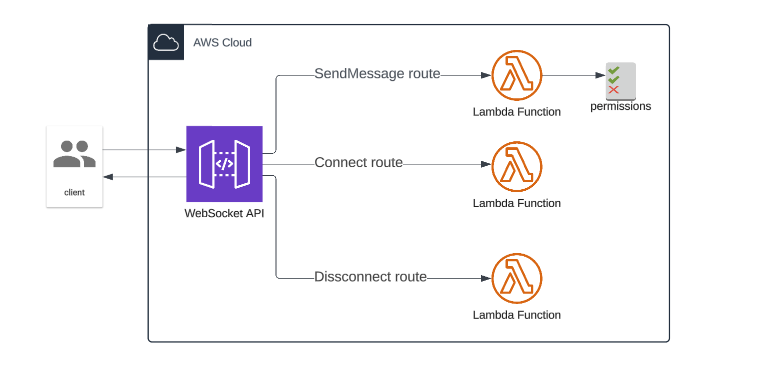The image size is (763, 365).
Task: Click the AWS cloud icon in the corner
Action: (x=166, y=42)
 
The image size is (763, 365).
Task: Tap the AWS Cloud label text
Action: (x=222, y=42)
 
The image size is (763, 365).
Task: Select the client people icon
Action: (x=74, y=154)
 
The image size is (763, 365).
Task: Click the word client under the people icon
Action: (x=74, y=192)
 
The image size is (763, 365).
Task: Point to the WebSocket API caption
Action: (x=224, y=213)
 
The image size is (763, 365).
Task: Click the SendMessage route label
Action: (x=377, y=74)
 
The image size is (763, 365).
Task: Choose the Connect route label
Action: (x=358, y=163)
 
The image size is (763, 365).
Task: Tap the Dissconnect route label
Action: (x=370, y=277)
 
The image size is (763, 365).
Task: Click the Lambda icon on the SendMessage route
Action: (x=517, y=75)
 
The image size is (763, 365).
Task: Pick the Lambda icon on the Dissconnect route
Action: (x=517, y=278)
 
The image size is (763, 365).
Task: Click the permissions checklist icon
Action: (x=620, y=81)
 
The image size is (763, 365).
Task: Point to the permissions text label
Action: (x=620, y=106)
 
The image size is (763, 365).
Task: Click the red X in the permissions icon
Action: (x=613, y=90)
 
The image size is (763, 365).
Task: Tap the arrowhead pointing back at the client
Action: (x=107, y=177)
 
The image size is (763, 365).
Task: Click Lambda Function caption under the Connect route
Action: (x=516, y=203)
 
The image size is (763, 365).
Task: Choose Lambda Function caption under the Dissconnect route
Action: (x=516, y=315)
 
